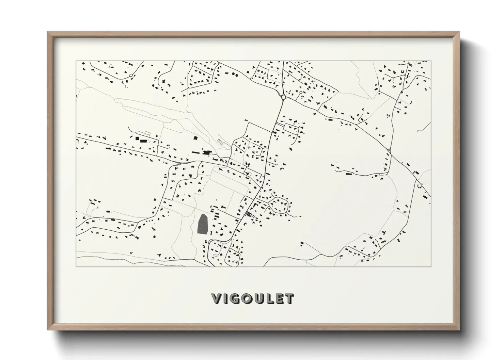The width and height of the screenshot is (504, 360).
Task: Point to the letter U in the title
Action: tap(262, 299)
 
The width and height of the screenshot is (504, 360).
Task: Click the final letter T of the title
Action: tap(290, 299)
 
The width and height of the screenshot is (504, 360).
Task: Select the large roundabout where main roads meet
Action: tap(283, 97)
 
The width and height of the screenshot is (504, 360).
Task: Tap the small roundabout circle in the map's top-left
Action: tap(131, 76)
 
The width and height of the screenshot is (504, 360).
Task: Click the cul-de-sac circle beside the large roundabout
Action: tap(301, 92)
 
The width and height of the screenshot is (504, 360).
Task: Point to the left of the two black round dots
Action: tap(233, 73)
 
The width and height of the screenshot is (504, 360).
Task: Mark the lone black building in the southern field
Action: tap(302, 243)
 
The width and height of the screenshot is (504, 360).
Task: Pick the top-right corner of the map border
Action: tap(431, 61)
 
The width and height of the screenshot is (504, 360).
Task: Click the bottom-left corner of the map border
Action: tap(76, 266)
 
